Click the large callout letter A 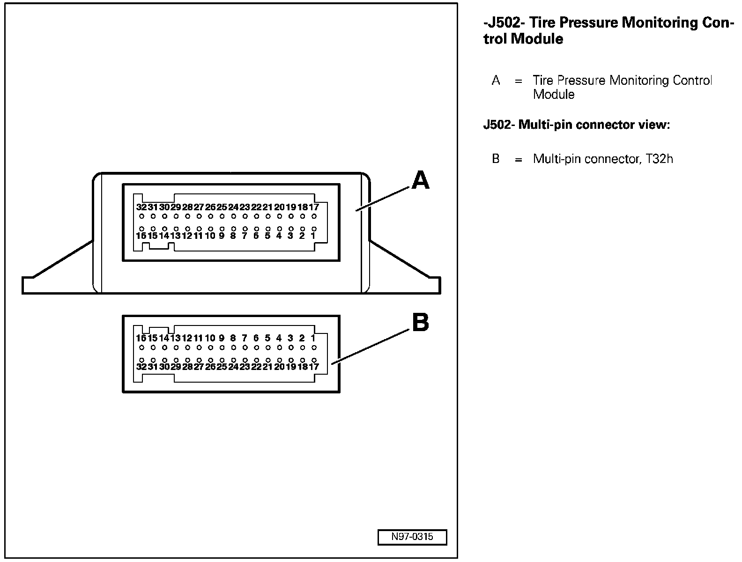[x=420, y=180]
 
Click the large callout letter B [x=420, y=323]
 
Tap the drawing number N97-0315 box [x=412, y=537]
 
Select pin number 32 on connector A [x=141, y=207]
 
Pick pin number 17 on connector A [x=313, y=207]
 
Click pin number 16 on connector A [x=141, y=236]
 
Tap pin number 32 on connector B [x=141, y=367]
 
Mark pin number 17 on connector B [x=313, y=367]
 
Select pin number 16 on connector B [x=141, y=338]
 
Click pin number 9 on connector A [x=222, y=236]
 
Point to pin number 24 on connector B [x=233, y=367]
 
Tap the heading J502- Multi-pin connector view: [x=577, y=125]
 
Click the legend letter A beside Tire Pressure [x=496, y=81]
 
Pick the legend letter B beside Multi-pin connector [x=496, y=159]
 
